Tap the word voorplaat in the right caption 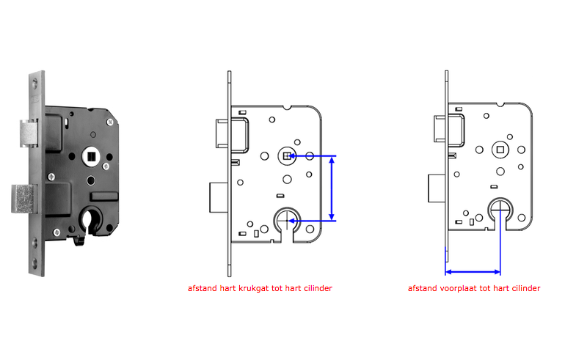(456, 288)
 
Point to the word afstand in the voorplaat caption (422, 288)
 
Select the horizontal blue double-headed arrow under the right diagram (473, 272)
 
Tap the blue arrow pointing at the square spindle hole (308, 156)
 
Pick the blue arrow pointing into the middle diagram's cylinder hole (308, 220)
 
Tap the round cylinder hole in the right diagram (501, 208)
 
